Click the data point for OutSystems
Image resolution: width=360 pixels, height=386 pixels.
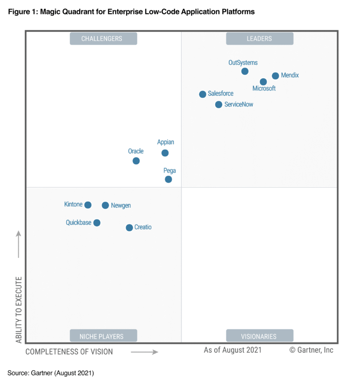coord(245,71)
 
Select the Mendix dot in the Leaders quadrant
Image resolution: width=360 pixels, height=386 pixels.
coord(276,76)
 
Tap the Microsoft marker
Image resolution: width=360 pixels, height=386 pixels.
coord(263,82)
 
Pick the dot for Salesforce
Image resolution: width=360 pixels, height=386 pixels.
coord(202,94)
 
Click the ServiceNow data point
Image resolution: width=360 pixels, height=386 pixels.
coord(219,105)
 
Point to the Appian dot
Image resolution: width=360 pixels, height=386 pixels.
coord(165,153)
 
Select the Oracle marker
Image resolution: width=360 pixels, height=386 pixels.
coord(136,161)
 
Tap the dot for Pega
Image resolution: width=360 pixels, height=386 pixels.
coord(168,179)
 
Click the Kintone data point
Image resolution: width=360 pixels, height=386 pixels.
coord(88,205)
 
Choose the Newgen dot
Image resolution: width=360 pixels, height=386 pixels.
coord(105,205)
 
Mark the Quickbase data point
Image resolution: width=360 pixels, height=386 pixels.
coord(97,223)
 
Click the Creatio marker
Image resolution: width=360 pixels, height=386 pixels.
coord(129,227)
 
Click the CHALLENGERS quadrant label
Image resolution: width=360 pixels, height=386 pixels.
coord(103,38)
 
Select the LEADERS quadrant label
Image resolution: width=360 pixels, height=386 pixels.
coord(259,38)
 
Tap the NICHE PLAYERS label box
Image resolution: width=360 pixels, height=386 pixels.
coord(103,336)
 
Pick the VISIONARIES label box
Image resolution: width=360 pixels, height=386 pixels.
coord(259,336)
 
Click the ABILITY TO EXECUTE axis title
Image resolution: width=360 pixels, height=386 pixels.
coord(19,310)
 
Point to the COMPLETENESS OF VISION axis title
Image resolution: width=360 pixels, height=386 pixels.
coord(69,351)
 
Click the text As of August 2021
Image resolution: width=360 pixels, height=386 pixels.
coord(232,350)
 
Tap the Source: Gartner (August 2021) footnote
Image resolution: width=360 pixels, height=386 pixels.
coord(51,373)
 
